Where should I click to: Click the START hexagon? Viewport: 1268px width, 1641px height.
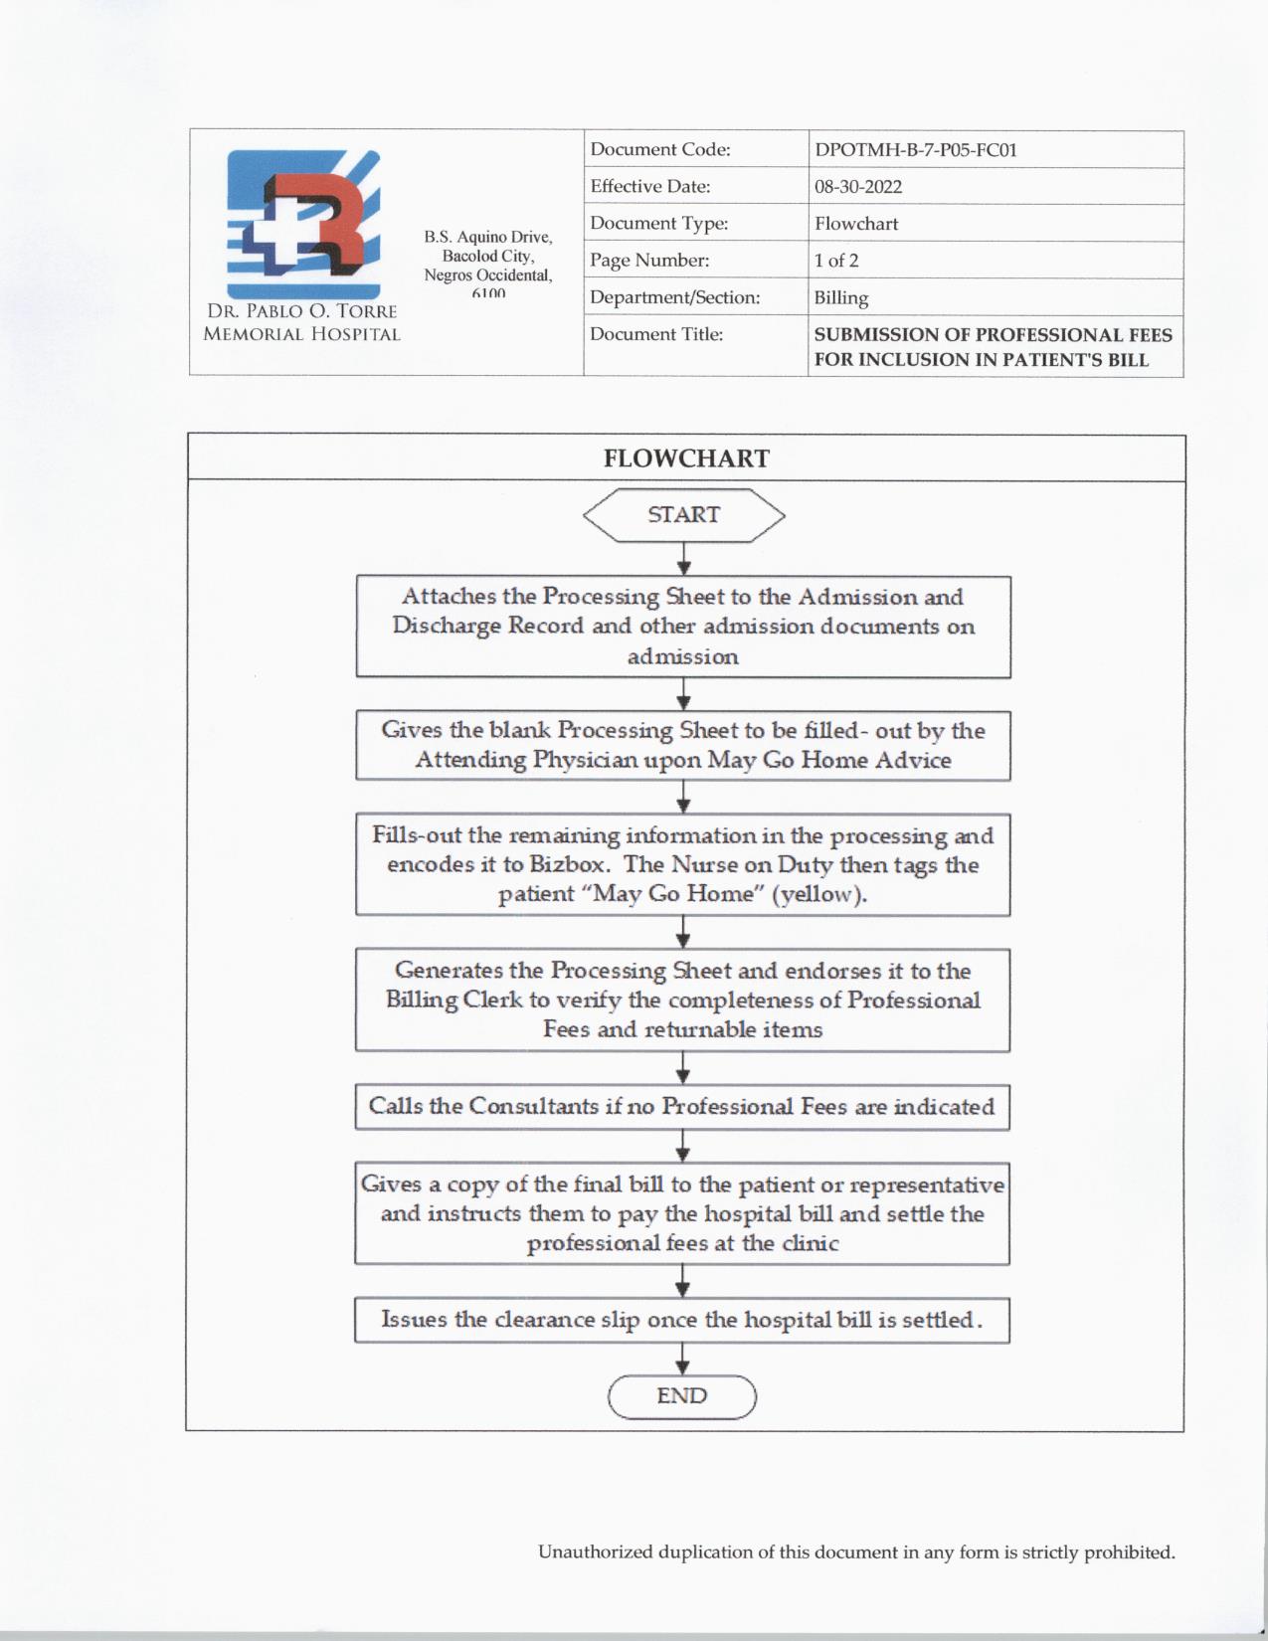683,515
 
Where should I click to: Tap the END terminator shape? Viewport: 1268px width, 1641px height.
682,1396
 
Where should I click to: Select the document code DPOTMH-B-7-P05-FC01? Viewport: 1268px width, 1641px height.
915,150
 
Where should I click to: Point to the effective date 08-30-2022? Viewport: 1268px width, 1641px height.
858,187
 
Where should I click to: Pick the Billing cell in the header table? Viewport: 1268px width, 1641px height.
841,297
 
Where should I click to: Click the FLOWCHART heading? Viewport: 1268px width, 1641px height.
686,458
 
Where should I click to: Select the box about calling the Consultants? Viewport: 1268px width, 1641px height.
682,1107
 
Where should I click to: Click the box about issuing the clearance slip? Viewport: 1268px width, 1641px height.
682,1320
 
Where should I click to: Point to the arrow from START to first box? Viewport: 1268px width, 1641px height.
683,559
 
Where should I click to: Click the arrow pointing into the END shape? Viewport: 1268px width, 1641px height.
682,1360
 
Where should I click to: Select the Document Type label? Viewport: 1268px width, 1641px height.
658,224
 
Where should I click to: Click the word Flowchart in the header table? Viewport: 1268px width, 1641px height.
856,224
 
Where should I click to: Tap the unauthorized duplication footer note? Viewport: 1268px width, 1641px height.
856,1552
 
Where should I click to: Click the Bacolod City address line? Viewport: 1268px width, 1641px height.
488,256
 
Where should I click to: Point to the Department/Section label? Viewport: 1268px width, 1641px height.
674,297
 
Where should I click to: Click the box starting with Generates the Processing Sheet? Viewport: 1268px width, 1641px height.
682,1000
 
